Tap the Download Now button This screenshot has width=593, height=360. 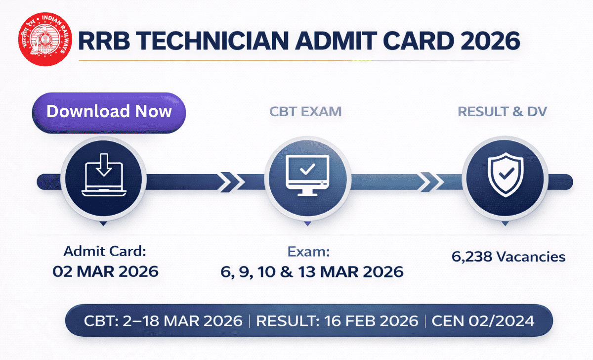109,111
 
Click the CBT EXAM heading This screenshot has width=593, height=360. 305,111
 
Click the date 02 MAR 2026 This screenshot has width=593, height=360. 105,271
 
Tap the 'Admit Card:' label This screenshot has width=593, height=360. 105,251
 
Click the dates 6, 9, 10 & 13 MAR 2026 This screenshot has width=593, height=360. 312,271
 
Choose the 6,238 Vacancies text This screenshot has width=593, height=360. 508,257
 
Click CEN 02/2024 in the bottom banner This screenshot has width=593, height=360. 483,321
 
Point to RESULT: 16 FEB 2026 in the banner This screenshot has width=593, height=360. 338,321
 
